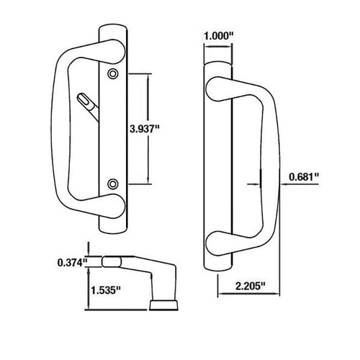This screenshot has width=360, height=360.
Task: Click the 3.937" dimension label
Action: tap(145, 129)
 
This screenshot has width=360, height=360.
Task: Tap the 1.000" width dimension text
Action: tap(219, 37)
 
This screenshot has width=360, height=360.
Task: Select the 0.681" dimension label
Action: tap(304, 177)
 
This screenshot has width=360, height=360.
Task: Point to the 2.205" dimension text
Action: tap(250, 286)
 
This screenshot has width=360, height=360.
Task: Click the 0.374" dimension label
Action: tap(72, 262)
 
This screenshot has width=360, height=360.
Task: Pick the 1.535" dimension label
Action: tap(105, 290)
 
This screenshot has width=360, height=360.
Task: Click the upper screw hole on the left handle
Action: tap(113, 74)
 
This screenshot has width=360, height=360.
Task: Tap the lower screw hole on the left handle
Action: tap(113, 184)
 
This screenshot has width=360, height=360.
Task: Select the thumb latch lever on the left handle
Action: tap(87, 106)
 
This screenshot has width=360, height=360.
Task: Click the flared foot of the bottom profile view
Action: tap(164, 305)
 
